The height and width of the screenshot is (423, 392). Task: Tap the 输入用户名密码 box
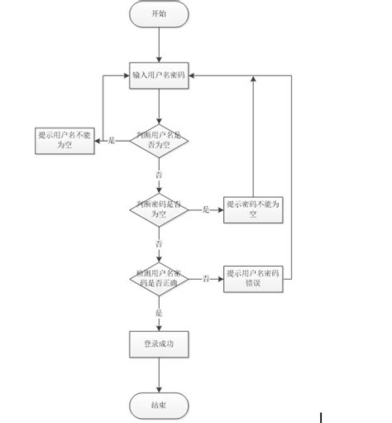coord(159,75)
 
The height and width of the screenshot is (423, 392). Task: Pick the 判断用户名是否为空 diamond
coord(159,142)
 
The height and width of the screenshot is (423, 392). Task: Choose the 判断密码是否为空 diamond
coord(159,209)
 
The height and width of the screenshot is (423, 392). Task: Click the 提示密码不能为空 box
coord(253,209)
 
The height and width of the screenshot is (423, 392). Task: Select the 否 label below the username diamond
coord(159,175)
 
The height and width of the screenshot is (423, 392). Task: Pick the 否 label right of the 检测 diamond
coord(203,278)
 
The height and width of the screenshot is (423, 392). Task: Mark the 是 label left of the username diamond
coord(112,142)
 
